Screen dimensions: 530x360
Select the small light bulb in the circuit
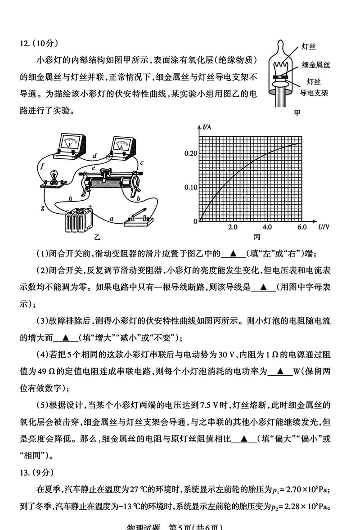tap(53, 177)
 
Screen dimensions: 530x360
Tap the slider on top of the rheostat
tap(107, 173)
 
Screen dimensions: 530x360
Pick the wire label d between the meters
tap(94, 156)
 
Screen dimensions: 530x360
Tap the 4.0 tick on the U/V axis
tap(267, 228)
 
